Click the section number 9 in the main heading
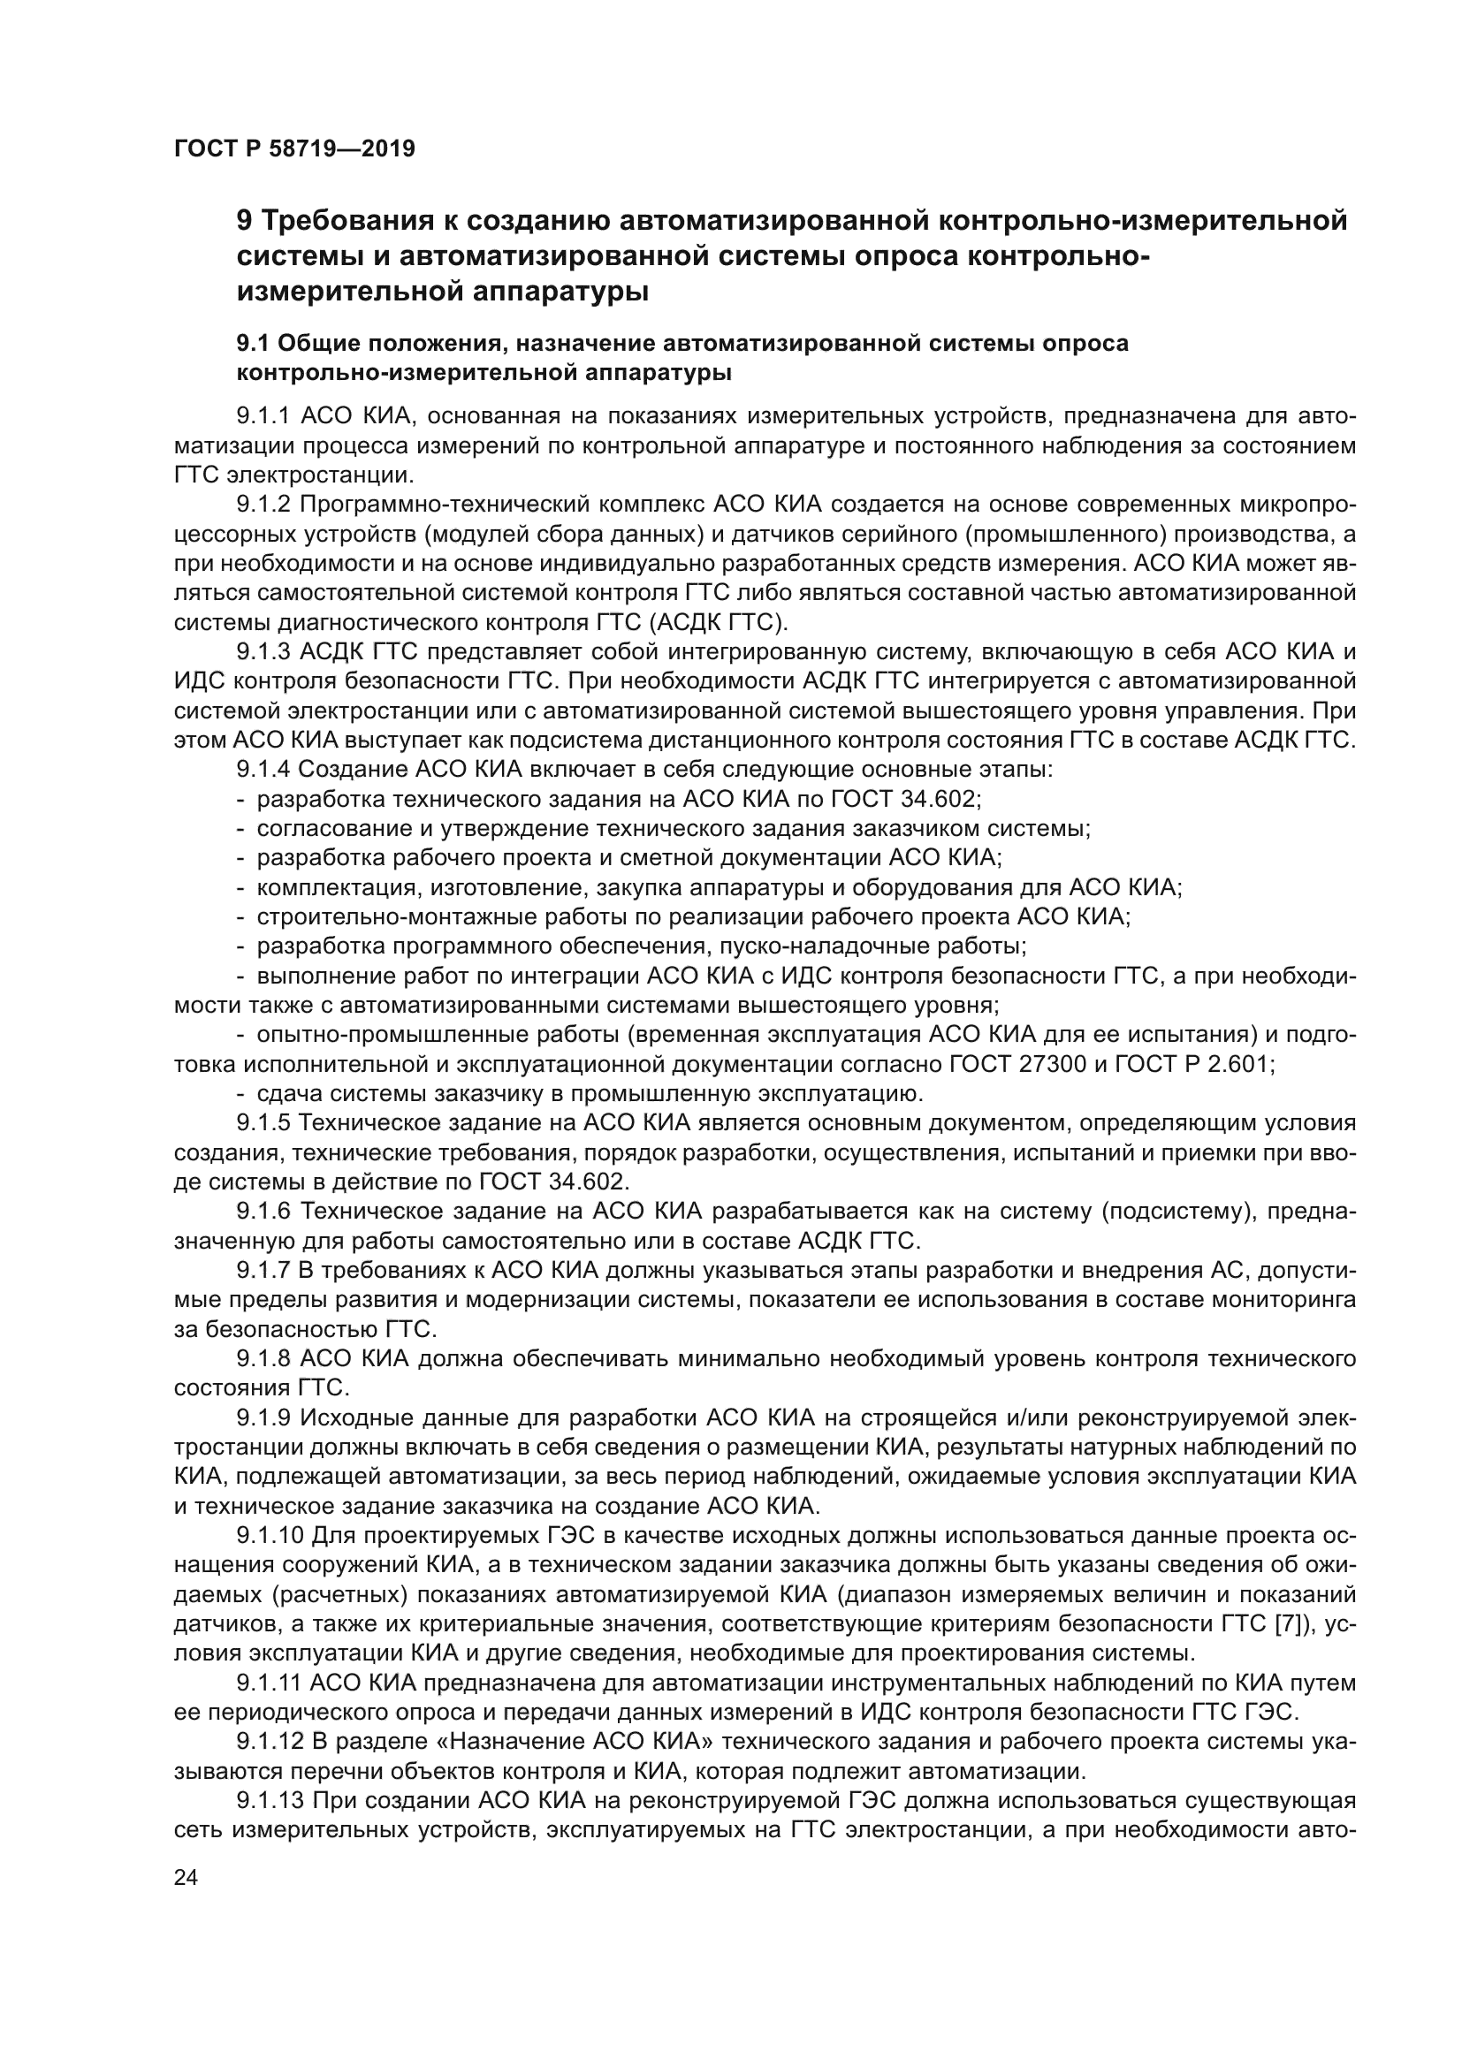(x=244, y=221)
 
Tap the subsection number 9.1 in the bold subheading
(x=253, y=344)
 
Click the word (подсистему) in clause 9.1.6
(x=1179, y=1212)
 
